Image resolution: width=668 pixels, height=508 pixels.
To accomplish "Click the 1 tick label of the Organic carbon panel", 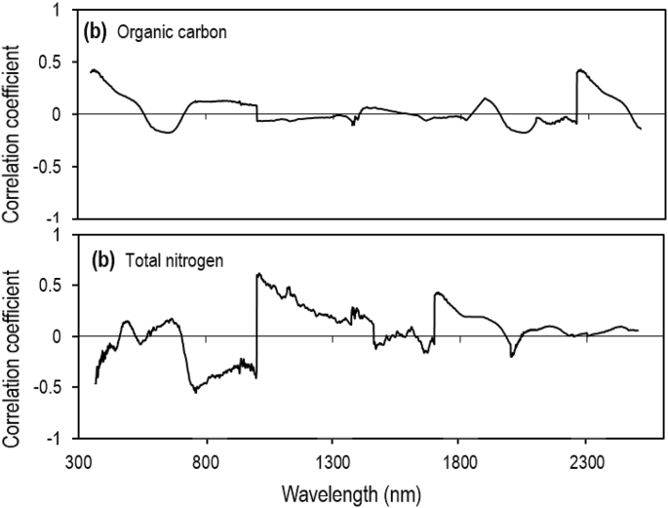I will click(x=65, y=11).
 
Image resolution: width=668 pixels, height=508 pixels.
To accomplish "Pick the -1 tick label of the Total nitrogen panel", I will click(x=61, y=440).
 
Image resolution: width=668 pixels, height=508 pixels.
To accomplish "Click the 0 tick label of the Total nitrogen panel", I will click(x=65, y=336).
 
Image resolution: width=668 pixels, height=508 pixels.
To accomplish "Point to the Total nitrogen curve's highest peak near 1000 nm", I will click(x=257, y=274).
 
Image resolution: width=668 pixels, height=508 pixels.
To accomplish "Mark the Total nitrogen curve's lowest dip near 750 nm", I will click(x=195, y=392).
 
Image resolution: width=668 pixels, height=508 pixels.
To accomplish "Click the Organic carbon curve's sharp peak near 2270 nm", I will click(x=578, y=70).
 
